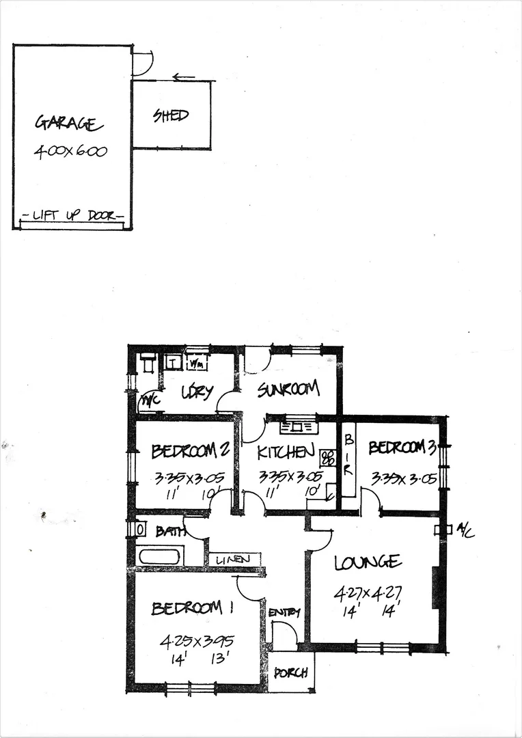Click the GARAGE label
tap(69, 124)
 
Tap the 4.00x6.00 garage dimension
tap(70, 152)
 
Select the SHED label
tap(170, 115)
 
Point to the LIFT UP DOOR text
tap(72, 216)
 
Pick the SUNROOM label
tap(288, 389)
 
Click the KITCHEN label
tap(286, 451)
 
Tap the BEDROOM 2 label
tap(190, 451)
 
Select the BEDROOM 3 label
tap(402, 448)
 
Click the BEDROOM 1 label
tap(187, 608)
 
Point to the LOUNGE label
tap(368, 562)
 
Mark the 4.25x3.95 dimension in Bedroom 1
tap(197, 641)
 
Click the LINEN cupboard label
tap(234, 560)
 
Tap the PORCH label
tap(290, 672)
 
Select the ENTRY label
tap(284, 612)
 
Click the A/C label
tap(466, 530)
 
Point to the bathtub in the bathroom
tap(159, 556)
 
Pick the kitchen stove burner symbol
tap(327, 457)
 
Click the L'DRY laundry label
tap(197, 392)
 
